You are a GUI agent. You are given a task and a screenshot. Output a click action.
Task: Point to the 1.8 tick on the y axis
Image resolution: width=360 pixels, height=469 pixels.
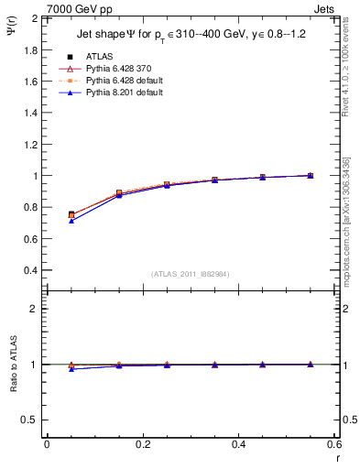30,49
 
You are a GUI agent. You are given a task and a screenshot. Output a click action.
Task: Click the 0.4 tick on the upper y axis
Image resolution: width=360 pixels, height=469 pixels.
30,270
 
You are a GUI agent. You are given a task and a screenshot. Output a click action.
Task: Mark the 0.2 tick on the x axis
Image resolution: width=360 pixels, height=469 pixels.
142,444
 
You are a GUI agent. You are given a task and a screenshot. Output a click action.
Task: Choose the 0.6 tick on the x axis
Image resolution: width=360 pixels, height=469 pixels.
334,444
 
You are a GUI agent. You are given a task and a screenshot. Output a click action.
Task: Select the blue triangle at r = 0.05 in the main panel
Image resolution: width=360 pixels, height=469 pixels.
71,221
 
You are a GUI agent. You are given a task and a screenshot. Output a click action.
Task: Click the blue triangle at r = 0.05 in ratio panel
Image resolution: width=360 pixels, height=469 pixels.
71,368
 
